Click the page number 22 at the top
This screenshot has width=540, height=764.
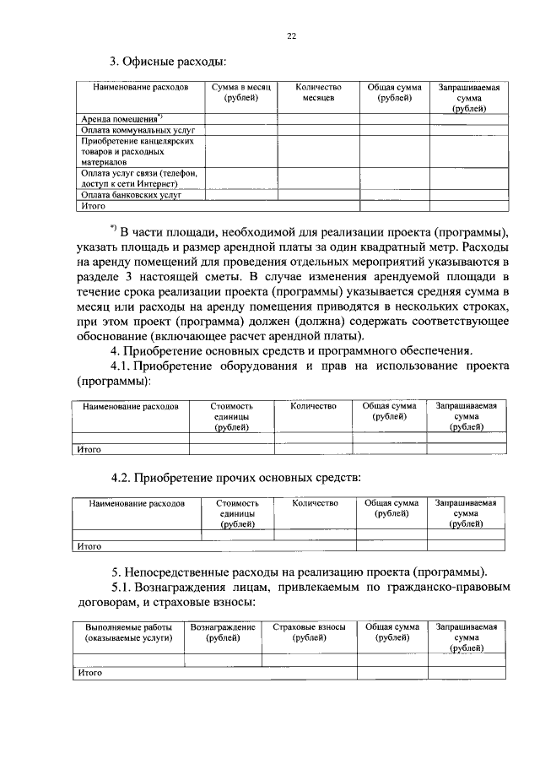[291, 36]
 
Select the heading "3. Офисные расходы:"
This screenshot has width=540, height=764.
[168, 61]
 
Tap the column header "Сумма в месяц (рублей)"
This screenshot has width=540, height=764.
[240, 93]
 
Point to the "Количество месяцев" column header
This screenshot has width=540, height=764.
[319, 93]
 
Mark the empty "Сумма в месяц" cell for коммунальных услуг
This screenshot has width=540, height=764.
[240, 132]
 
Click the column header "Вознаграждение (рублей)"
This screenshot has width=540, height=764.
[223, 633]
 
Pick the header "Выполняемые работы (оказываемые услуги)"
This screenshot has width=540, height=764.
[128, 633]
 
